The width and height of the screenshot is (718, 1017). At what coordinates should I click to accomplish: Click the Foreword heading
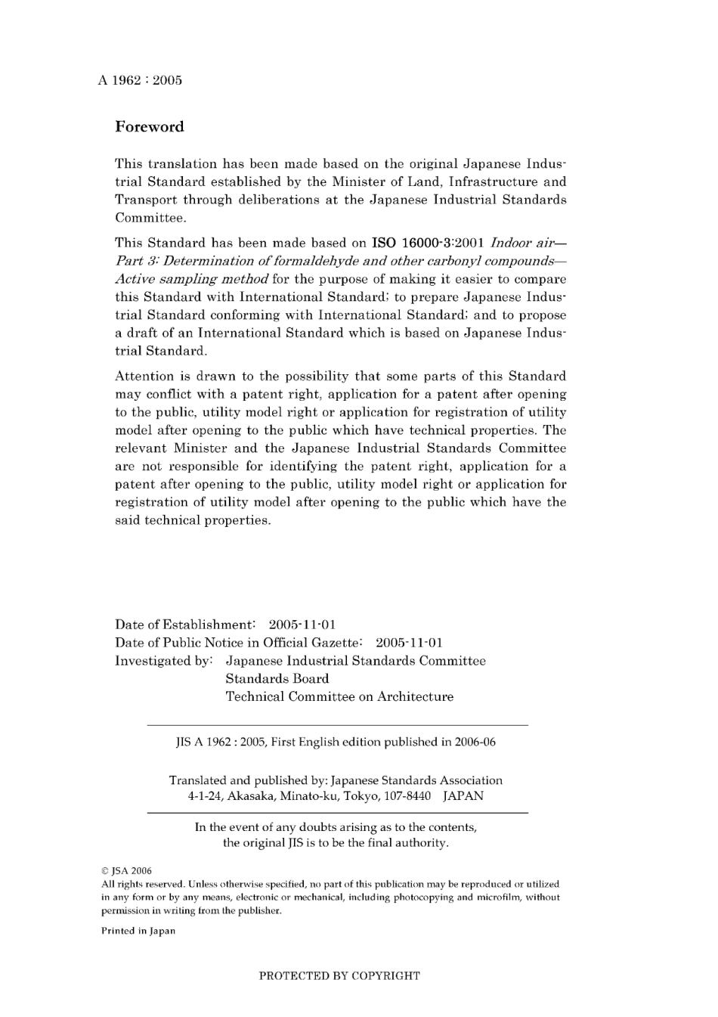pos(149,127)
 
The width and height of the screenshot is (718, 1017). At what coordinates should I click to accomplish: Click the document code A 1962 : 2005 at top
pos(140,80)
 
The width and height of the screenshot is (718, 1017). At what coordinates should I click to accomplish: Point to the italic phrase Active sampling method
pos(191,279)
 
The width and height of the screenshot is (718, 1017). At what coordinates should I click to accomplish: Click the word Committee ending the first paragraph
pos(150,218)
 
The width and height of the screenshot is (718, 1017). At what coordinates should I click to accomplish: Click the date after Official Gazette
pos(409,643)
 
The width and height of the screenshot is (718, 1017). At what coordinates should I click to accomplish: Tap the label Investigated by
pos(163,661)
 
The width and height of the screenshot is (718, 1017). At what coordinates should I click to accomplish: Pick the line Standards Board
pos(277,679)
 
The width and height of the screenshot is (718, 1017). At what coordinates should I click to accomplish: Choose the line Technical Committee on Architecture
pos(339,697)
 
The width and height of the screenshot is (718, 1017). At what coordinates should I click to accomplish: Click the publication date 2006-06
pos(475,742)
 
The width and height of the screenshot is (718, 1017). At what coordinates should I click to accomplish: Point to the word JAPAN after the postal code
pos(463,795)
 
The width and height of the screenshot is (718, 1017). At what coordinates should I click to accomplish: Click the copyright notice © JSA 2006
pos(126,870)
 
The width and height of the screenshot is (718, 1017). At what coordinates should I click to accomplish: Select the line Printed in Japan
pos(138,931)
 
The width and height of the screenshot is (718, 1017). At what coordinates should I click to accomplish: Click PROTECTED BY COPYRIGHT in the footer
pos(339,975)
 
